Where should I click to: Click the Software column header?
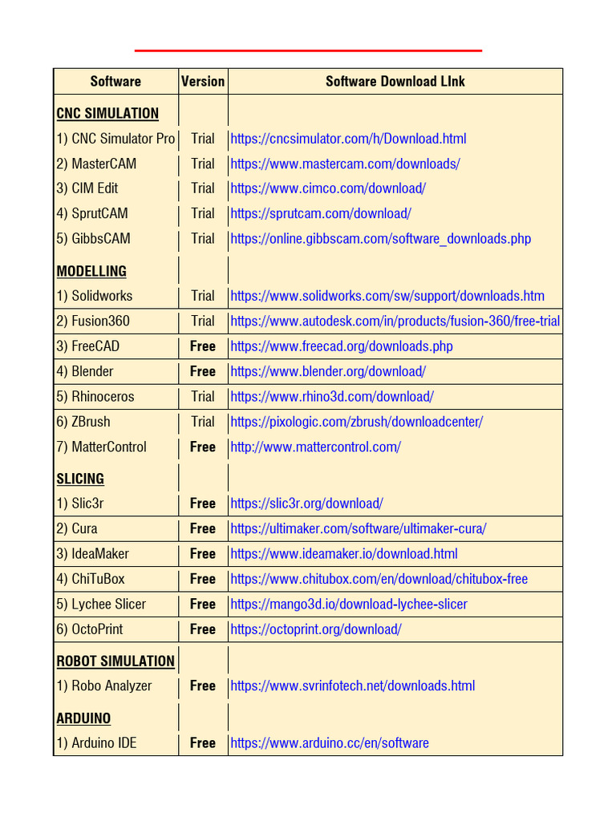pos(115,82)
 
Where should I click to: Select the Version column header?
pos(203,82)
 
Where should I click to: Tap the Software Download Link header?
pos(395,82)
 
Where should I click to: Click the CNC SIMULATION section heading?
pos(107,113)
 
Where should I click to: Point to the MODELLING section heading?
pos(91,271)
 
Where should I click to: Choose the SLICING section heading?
pos(80,479)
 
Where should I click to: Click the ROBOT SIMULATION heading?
pos(115,661)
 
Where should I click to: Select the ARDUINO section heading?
pos(83,718)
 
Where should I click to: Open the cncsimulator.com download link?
pos(348,139)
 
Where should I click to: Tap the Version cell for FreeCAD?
pos(203,346)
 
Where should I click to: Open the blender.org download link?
pos(328,371)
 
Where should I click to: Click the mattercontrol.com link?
pos(315,447)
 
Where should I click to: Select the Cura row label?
pos(77,529)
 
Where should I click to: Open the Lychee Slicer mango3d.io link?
pos(349,605)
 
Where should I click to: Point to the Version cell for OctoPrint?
pos(203,629)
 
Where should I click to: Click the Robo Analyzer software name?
pos(103,686)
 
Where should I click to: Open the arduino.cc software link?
pos(330,743)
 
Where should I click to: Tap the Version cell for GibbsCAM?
pos(203,239)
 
